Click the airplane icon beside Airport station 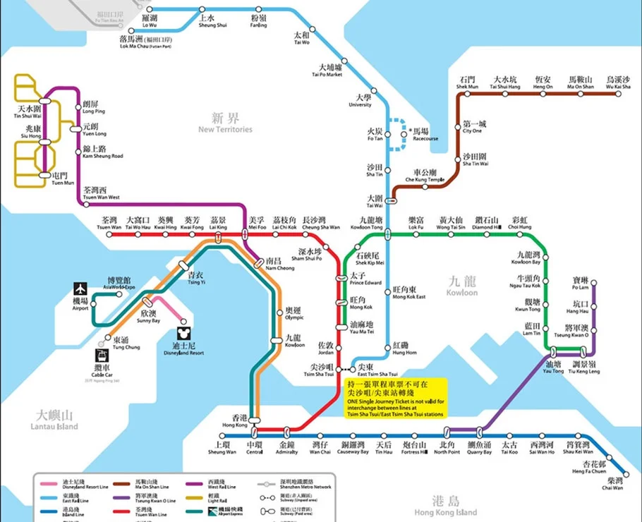coord(80,289)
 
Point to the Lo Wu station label coord(149,20)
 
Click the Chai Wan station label coord(612,483)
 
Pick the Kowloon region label coord(461,286)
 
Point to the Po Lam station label coord(580,284)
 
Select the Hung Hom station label coord(404,348)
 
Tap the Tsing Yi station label coord(196,278)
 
